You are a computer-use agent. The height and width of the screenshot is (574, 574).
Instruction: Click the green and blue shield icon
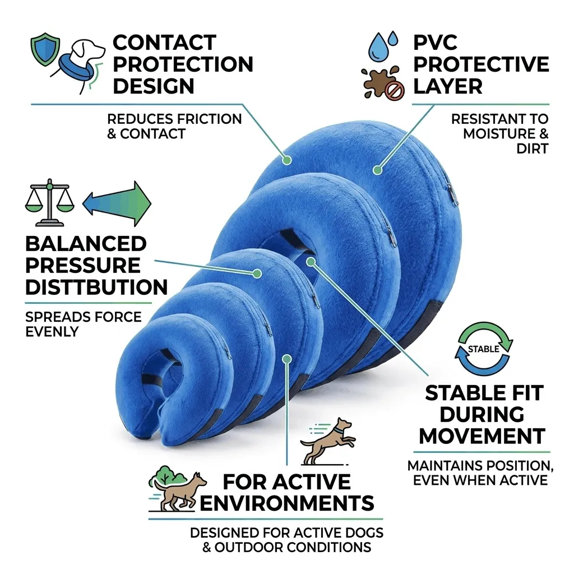tap(45, 49)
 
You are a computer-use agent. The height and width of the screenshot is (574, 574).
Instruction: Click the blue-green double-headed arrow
tap(117, 203)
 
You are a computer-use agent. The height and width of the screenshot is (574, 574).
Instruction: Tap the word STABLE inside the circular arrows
tap(483, 349)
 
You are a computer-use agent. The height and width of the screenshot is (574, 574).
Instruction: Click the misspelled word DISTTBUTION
tap(96, 287)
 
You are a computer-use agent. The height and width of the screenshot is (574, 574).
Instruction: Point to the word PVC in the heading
tap(435, 43)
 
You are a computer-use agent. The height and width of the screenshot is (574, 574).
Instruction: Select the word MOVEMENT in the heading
tap(482, 436)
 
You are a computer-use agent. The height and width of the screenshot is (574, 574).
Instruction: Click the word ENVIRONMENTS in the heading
tap(286, 503)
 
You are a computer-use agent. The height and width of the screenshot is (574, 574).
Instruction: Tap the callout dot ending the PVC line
tap(377, 170)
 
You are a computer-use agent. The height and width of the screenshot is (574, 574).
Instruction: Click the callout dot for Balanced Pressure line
tap(257, 274)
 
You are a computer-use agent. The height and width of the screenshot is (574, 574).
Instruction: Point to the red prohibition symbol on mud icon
tap(396, 90)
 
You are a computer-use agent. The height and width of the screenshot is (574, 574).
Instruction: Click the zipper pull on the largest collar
tap(452, 194)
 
